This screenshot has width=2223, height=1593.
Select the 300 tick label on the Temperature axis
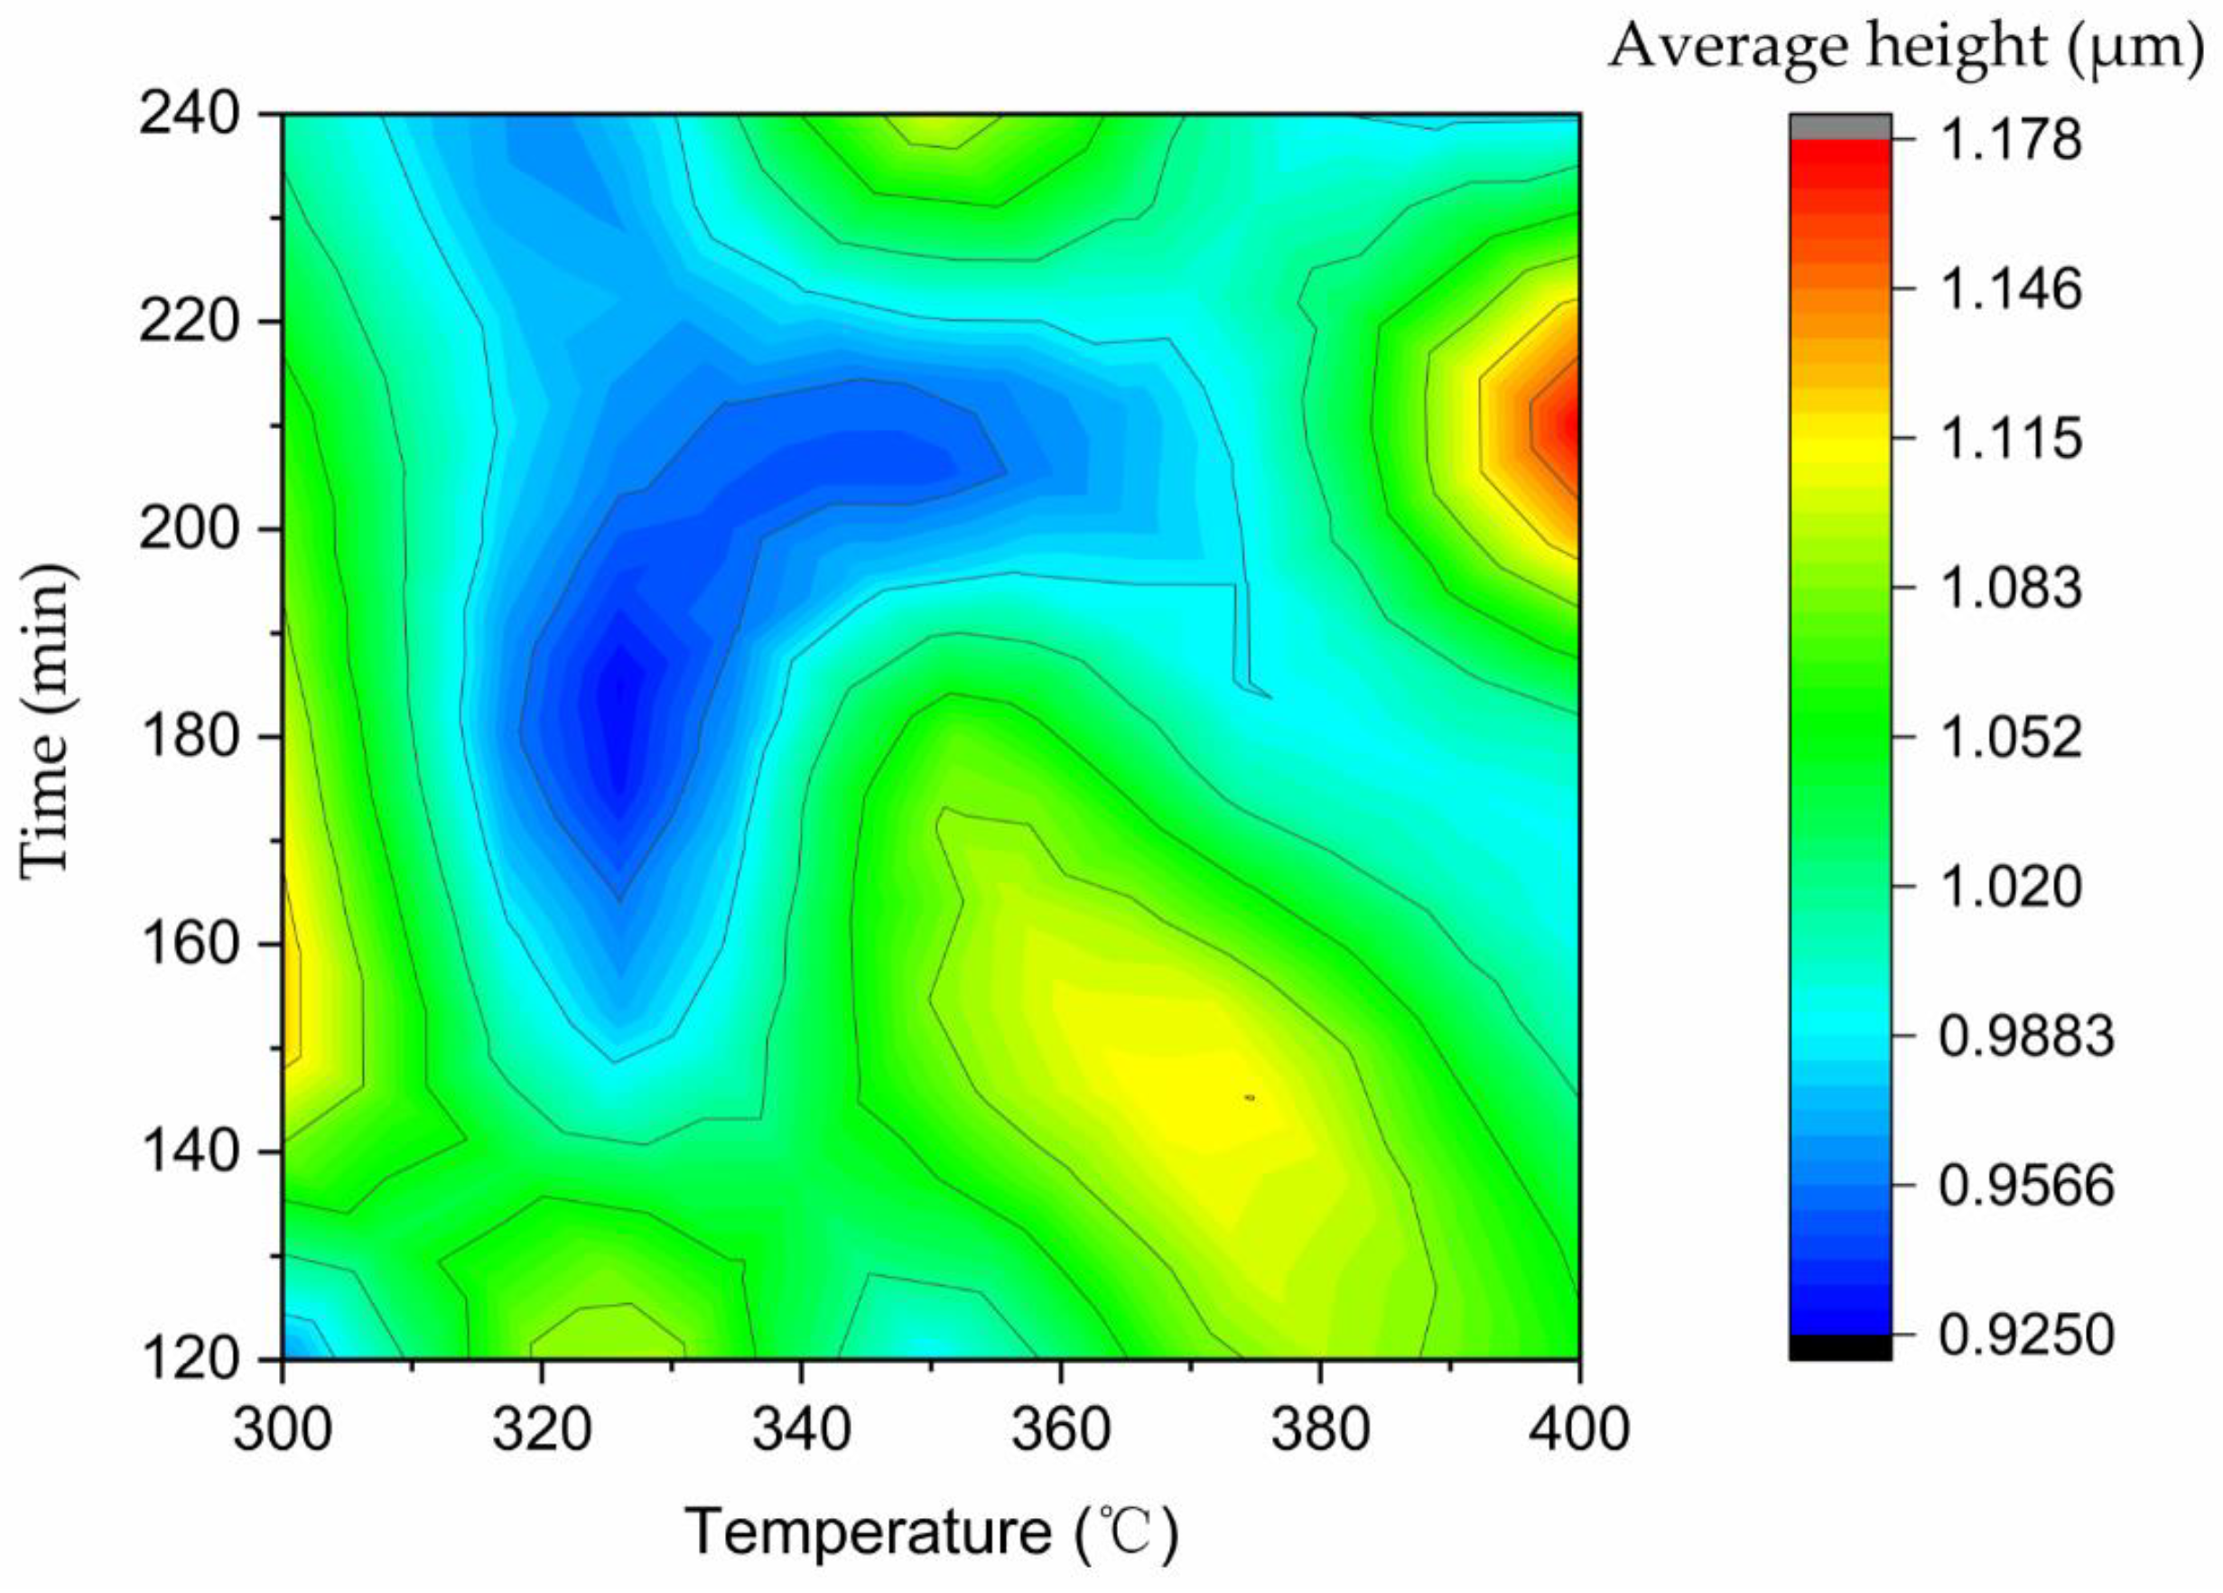(x=284, y=1430)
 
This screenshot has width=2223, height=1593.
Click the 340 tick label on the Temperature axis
(x=802, y=1430)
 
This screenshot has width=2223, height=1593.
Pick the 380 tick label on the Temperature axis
(x=1320, y=1430)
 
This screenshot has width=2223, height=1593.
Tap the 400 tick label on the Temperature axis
(x=1579, y=1430)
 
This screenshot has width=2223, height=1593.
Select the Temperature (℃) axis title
(x=931, y=1532)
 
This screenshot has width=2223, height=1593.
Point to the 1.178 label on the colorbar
(x=2010, y=140)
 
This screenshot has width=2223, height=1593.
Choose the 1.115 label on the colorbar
(x=2010, y=437)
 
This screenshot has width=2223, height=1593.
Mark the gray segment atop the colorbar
(x=1840, y=126)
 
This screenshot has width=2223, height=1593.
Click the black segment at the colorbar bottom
(x=1840, y=1347)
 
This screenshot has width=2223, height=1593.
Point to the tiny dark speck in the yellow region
(x=1250, y=1098)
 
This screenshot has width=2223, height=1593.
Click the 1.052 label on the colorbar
(x=2010, y=736)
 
